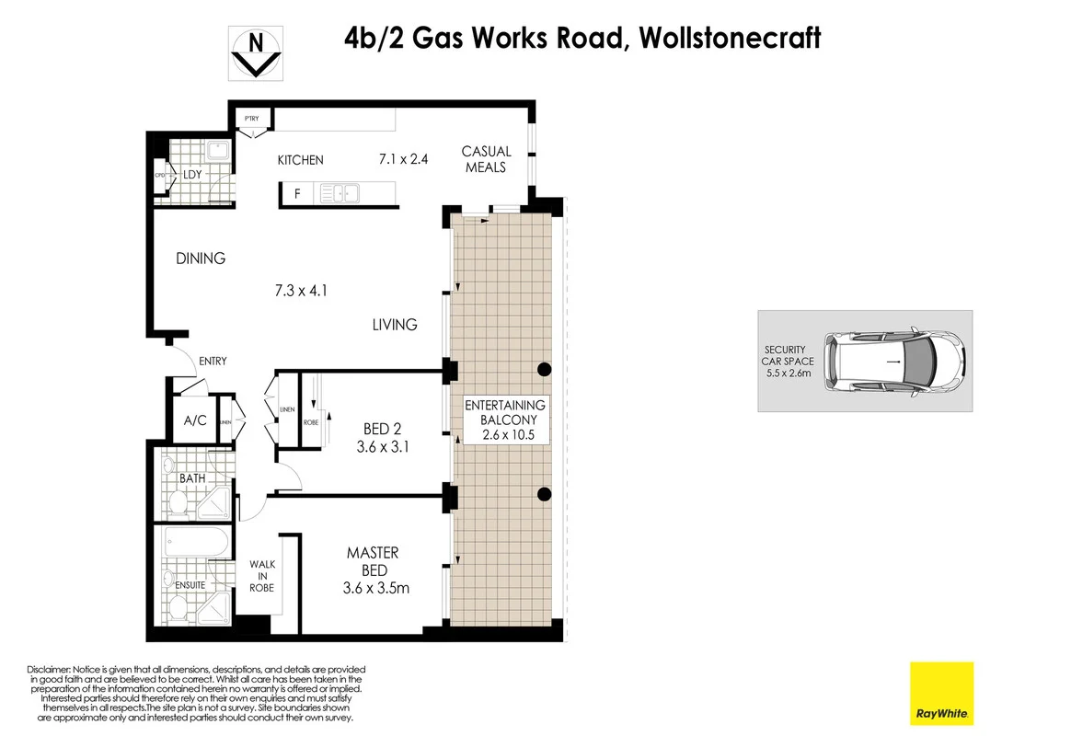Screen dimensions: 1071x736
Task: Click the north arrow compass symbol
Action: point(256,53)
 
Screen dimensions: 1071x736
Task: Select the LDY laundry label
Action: point(192,175)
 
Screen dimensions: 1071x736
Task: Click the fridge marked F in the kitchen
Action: point(297,193)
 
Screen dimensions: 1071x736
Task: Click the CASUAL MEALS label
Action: point(486,159)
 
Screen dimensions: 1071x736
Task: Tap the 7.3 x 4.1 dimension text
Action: point(301,291)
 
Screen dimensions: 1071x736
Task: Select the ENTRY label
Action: point(213,362)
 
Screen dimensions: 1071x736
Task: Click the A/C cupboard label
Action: point(195,420)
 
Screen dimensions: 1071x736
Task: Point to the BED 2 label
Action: point(383,429)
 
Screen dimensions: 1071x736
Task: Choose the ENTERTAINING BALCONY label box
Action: point(505,420)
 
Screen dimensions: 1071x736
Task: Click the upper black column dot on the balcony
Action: point(544,370)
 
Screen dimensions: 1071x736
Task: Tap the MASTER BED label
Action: point(373,561)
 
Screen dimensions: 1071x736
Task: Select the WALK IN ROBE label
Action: point(261,577)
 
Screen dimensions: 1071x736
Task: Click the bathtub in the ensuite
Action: point(197,542)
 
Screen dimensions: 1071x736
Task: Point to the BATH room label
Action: point(191,479)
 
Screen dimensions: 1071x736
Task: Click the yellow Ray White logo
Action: point(941,694)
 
